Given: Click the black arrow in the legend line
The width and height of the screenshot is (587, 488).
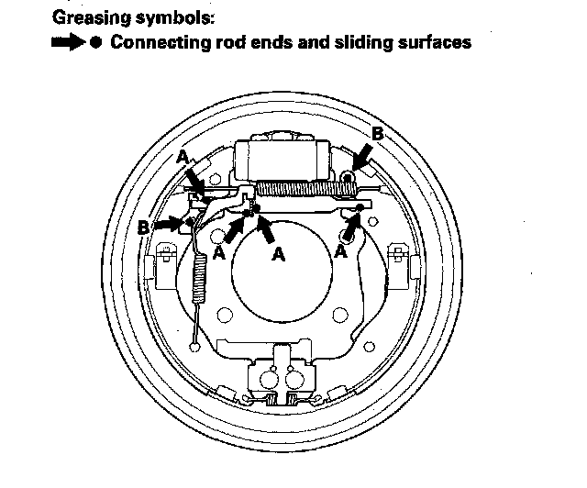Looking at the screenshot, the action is (69, 43).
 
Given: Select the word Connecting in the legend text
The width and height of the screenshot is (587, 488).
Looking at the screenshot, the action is (152, 43).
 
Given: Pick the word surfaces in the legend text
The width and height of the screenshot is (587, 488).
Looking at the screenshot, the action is (434, 43).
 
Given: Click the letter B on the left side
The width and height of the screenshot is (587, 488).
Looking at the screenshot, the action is (144, 226).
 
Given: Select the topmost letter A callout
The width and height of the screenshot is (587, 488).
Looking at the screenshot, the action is (183, 157).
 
